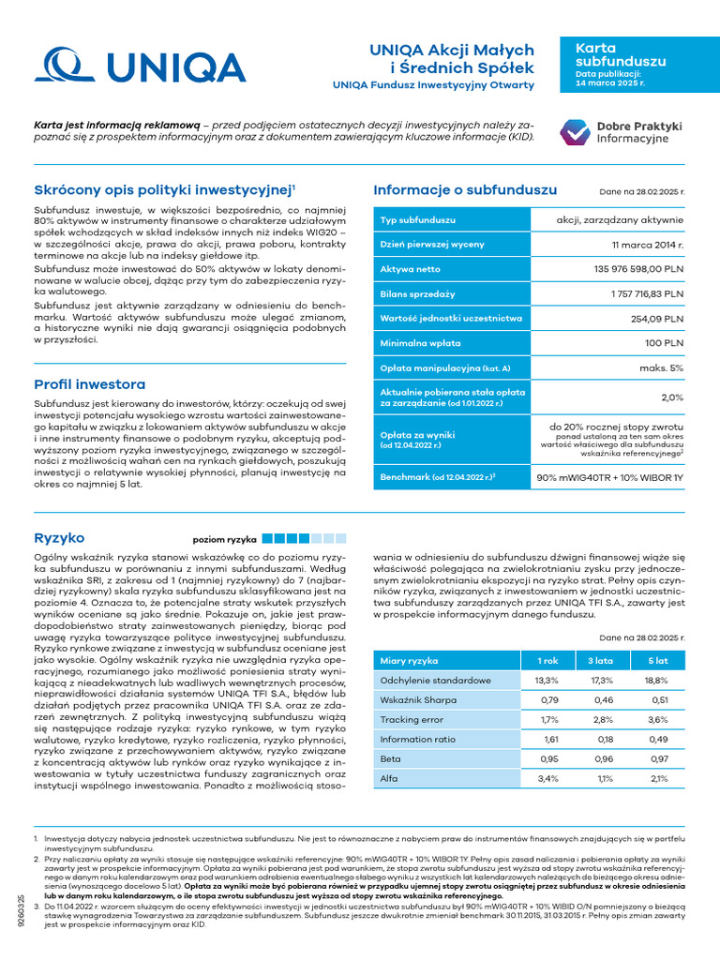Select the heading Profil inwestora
(x=89, y=384)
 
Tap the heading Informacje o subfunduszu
(x=478, y=190)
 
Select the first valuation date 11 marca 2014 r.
(x=647, y=245)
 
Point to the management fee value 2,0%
(x=672, y=397)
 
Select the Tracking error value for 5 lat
(x=657, y=719)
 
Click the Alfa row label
(x=389, y=778)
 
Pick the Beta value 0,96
(x=602, y=758)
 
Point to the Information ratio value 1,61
(x=547, y=739)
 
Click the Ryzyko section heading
(x=59, y=537)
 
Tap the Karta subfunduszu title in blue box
(x=607, y=54)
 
